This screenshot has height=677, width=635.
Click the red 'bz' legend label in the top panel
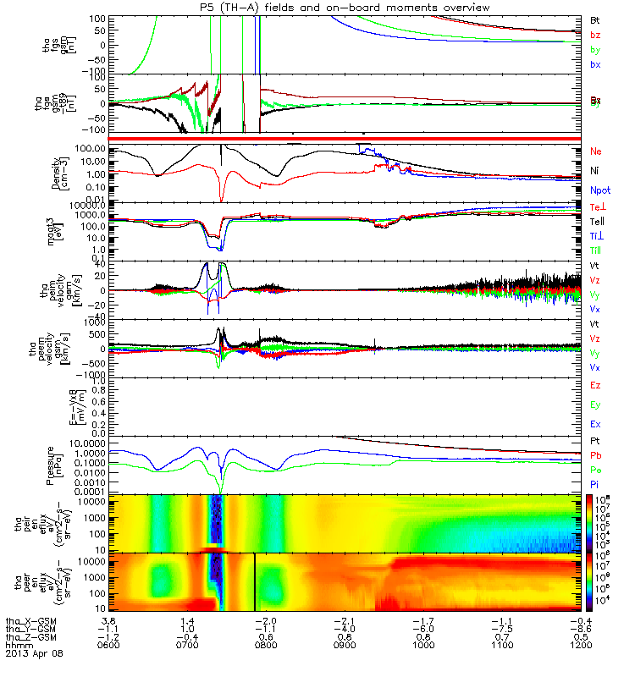[x=595, y=35]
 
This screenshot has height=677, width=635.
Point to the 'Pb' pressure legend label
[x=596, y=456]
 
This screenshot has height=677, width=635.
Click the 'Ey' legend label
[x=596, y=405]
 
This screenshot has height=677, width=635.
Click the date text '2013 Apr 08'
[x=34, y=653]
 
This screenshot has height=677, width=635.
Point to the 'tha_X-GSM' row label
[x=30, y=620]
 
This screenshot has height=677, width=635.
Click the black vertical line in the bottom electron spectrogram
[x=255, y=581]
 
